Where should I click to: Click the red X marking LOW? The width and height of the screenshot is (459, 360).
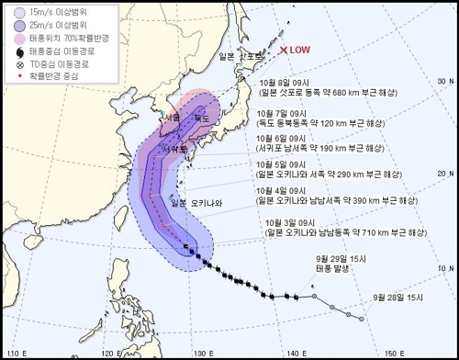[x=285, y=51]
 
